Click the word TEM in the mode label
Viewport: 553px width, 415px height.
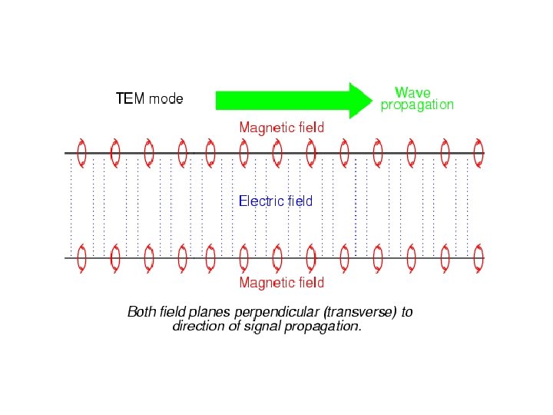click(x=125, y=99)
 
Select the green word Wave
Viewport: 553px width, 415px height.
click(x=412, y=93)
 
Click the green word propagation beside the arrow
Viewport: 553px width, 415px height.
click(x=417, y=105)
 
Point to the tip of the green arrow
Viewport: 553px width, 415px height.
click(x=369, y=101)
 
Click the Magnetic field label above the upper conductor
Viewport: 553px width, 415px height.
click(x=281, y=127)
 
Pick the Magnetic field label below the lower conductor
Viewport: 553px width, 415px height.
click(x=281, y=283)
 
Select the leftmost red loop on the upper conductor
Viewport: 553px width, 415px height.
click(x=81, y=153)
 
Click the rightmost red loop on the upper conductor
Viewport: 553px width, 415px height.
click(x=478, y=153)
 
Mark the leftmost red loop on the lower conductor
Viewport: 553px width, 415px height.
click(x=81, y=258)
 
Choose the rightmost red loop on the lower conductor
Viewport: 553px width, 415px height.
click(x=478, y=258)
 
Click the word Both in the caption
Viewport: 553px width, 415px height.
click(x=141, y=312)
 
